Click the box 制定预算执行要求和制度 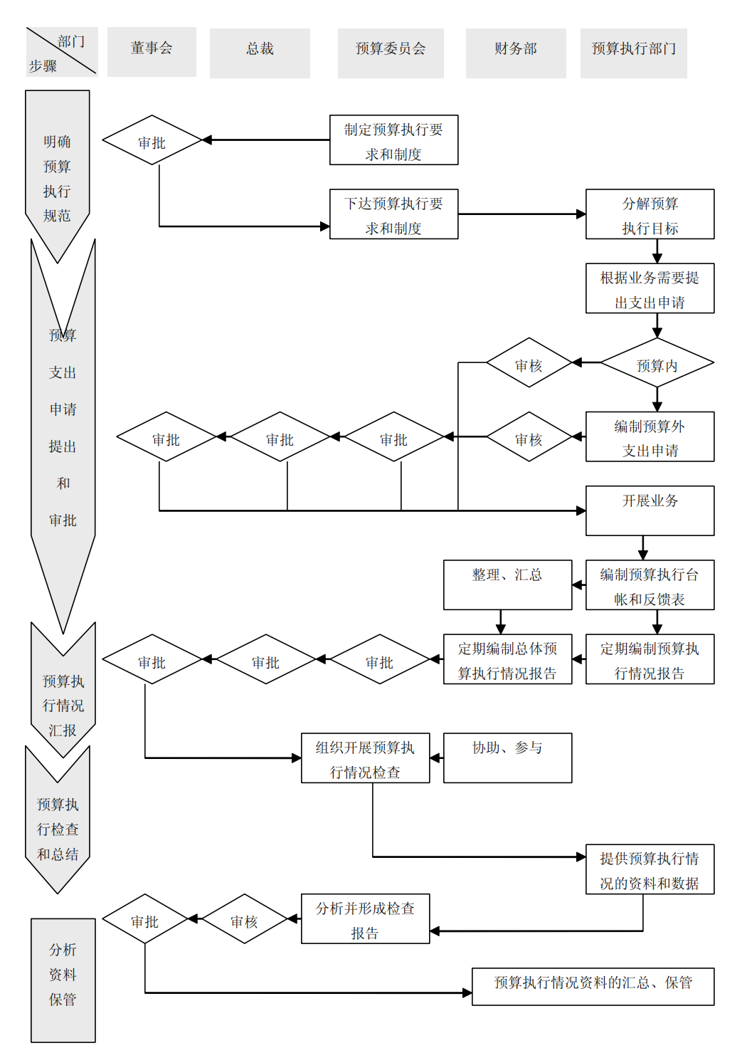(393, 140)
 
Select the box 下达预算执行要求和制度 (393, 214)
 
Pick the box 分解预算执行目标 (650, 214)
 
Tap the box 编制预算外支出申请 (650, 437)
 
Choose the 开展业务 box (650, 510)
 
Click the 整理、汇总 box (507, 585)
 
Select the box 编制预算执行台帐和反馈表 (650, 585)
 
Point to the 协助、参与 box (507, 758)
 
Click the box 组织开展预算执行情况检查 (365, 758)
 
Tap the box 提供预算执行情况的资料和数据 (650, 870)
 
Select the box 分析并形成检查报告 (365, 919)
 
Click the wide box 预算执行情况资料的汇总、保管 (593, 987)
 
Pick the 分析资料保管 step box (63, 980)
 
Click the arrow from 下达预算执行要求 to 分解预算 (521, 214)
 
